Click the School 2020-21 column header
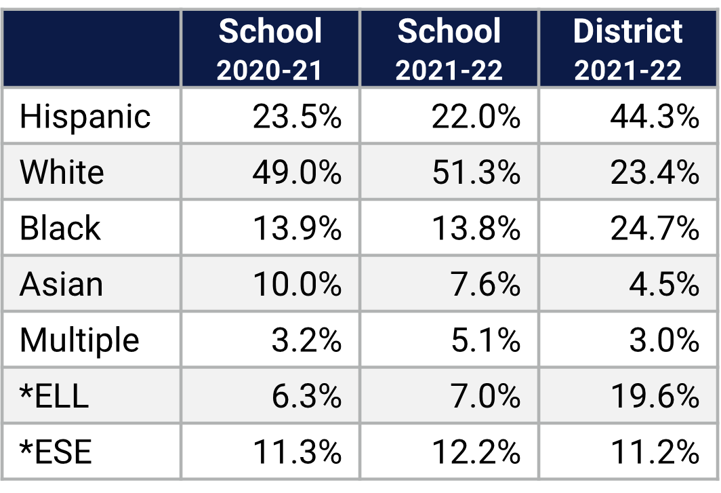click(270, 50)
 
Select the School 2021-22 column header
click(449, 50)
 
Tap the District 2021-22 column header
click(628, 50)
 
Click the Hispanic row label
click(85, 116)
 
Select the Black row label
click(60, 228)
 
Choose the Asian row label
click(61, 283)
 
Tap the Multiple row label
click(79, 340)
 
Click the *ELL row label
click(54, 395)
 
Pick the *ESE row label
click(56, 452)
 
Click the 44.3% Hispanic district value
click(654, 116)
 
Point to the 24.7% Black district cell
click(654, 228)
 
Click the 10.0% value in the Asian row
click(297, 283)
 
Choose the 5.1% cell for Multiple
click(485, 340)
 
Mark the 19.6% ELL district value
click(654, 395)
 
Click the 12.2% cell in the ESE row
click(476, 452)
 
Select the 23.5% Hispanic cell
click(297, 116)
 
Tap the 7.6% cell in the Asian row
click(485, 283)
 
